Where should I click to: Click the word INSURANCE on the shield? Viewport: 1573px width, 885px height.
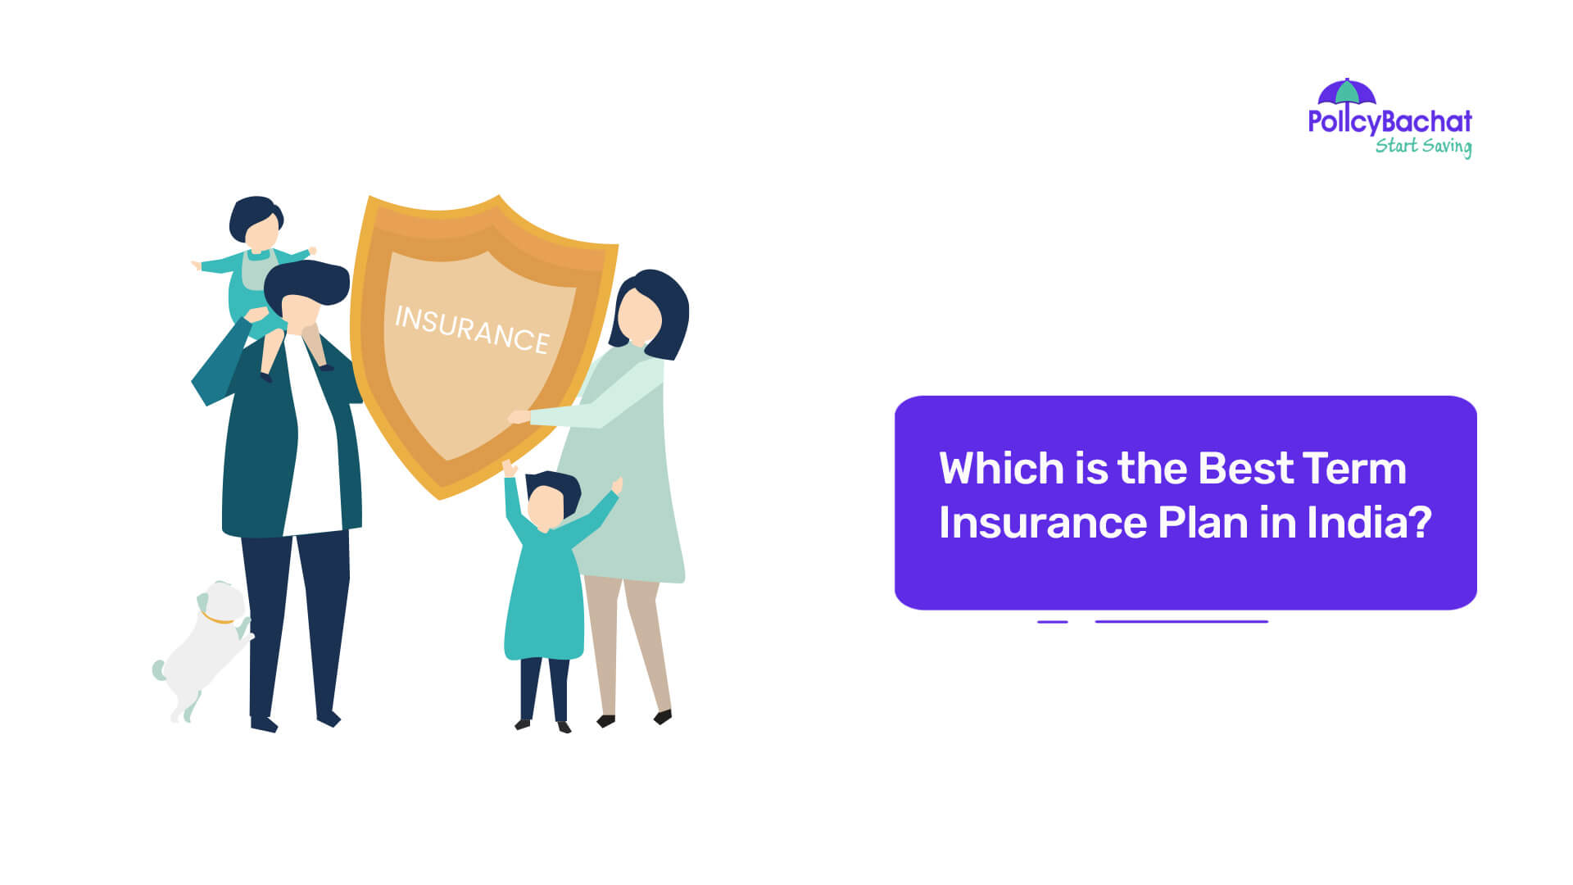point(472,329)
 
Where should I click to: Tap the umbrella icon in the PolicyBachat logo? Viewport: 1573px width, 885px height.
point(1347,92)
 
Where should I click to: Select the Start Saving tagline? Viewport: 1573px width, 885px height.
point(1423,146)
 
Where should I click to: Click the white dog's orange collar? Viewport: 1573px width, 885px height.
point(216,619)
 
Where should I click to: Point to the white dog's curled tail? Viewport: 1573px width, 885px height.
point(159,669)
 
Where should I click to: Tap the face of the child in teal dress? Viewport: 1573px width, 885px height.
point(545,506)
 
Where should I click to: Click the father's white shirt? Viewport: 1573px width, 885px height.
point(311,442)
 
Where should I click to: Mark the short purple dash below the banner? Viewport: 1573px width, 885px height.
point(1053,622)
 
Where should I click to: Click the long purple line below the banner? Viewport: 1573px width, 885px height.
point(1181,622)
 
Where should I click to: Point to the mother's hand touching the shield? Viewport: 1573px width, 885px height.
point(519,417)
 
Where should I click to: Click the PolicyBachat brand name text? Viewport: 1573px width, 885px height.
point(1389,122)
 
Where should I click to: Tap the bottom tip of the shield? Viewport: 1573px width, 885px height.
point(440,495)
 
